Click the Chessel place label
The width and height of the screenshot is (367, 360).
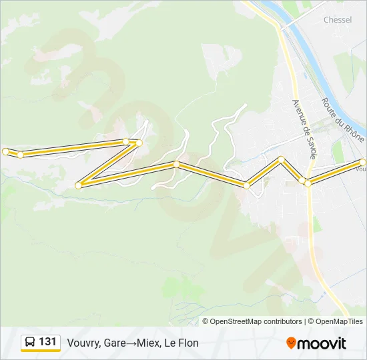[337, 20]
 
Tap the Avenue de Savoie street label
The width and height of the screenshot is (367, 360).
[304, 129]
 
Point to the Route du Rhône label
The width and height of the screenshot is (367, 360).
[342, 120]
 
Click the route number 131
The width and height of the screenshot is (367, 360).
[47, 342]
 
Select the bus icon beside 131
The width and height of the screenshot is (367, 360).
[30, 343]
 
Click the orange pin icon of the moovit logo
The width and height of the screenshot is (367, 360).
[291, 343]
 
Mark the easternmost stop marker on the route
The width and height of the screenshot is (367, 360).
[363, 162]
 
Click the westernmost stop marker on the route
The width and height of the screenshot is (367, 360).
[5, 151]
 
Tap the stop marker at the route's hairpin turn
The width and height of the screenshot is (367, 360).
[79, 185]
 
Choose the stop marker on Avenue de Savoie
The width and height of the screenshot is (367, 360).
[308, 183]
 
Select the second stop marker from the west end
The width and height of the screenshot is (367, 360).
[21, 155]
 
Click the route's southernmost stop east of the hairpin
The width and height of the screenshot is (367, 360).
[246, 185]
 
